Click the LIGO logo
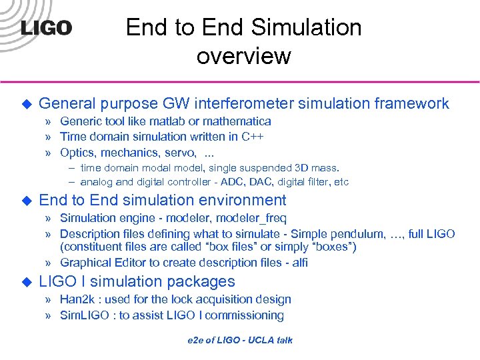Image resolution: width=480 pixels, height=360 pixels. tap(46, 28)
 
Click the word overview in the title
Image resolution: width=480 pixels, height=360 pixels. tap(243, 56)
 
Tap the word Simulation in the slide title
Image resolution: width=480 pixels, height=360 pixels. tap(306, 27)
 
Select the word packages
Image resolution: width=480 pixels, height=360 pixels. tap(201, 281)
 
